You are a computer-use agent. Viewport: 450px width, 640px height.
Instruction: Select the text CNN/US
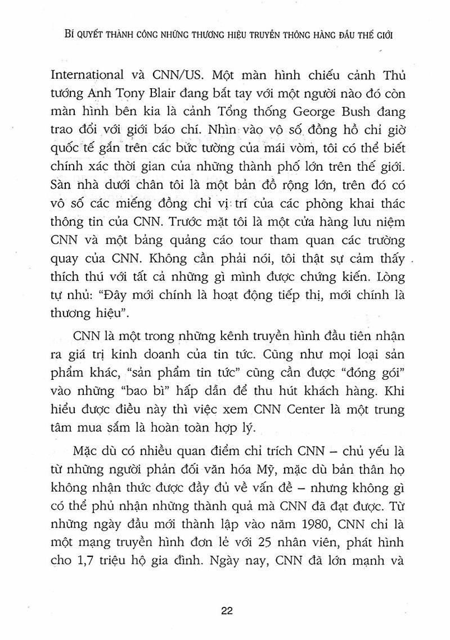[x=167, y=74]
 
